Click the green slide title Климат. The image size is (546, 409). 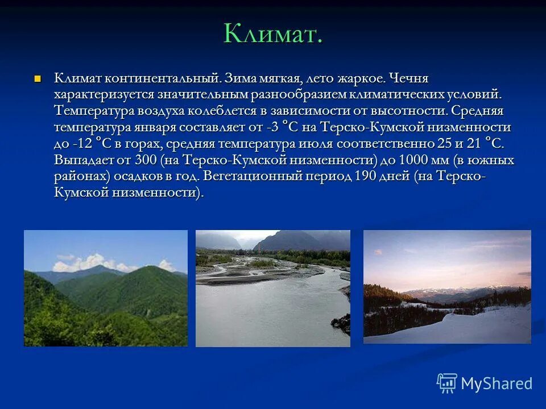pos(272,34)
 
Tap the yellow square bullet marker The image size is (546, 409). pos(38,78)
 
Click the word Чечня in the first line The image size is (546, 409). pos(408,78)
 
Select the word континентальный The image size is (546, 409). pos(163,78)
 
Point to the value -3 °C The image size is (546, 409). pos(283,127)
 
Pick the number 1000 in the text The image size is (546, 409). pos(413,160)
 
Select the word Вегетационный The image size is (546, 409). pos(253,176)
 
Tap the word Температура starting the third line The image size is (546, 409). pos(94,111)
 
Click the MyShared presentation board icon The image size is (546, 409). pos(447,383)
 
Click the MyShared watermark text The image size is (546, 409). pos(497,383)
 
